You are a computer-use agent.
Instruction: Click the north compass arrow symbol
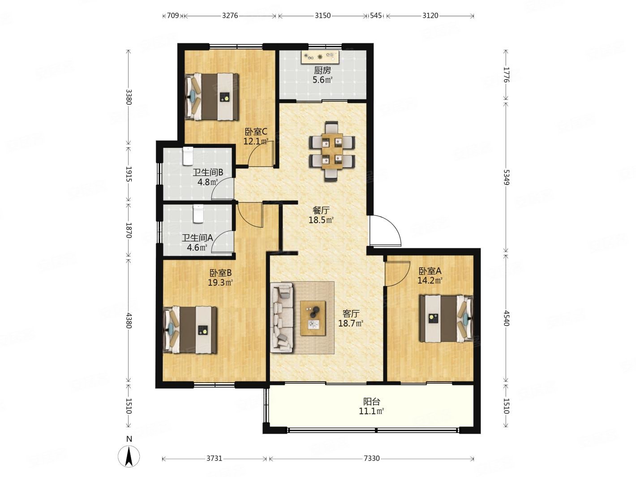tap(129, 456)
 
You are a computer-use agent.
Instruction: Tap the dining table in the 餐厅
tap(332, 151)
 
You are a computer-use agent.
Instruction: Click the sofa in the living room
tap(282, 318)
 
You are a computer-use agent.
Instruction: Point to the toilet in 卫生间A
tap(198, 214)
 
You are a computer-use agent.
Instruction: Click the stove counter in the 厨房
tap(320, 57)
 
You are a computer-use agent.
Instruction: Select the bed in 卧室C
tap(211, 96)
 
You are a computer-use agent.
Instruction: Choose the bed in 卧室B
tap(190, 330)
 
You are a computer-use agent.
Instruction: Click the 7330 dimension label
tap(371, 458)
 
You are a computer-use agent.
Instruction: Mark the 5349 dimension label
tap(506, 177)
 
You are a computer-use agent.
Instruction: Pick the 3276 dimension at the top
tap(230, 15)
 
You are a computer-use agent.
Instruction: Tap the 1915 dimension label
tap(129, 174)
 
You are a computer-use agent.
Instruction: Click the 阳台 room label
tap(372, 401)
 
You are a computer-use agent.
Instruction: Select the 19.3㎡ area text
tap(220, 282)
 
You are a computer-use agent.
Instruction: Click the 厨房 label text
tap(322, 70)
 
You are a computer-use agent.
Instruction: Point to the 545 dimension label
tap(376, 15)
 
